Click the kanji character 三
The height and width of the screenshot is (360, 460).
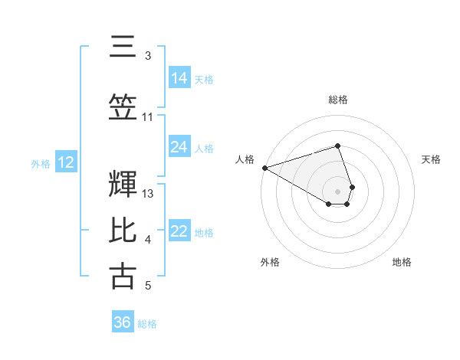(123, 48)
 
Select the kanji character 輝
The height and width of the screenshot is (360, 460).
(123, 185)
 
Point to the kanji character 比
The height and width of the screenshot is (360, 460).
(123, 232)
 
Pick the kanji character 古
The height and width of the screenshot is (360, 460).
(123, 276)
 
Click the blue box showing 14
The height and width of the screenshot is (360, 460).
(179, 78)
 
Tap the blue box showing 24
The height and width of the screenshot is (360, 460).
(179, 147)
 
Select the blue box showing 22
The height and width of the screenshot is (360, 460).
(179, 232)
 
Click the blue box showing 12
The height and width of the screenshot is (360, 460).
(65, 162)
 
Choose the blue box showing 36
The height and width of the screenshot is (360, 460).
(123, 322)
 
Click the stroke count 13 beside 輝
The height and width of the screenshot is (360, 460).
(149, 194)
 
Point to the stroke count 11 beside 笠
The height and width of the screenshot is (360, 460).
(148, 117)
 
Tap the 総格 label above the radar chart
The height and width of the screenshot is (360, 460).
(338, 100)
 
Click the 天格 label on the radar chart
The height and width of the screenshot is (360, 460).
(432, 159)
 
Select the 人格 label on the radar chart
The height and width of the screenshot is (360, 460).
(245, 159)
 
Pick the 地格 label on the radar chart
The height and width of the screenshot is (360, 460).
(402, 262)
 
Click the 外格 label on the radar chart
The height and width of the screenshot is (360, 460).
(270, 262)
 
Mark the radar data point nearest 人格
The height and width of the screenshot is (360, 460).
(264, 167)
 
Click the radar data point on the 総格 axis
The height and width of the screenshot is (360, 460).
(337, 146)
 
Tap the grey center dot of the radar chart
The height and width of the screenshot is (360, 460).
(337, 191)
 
